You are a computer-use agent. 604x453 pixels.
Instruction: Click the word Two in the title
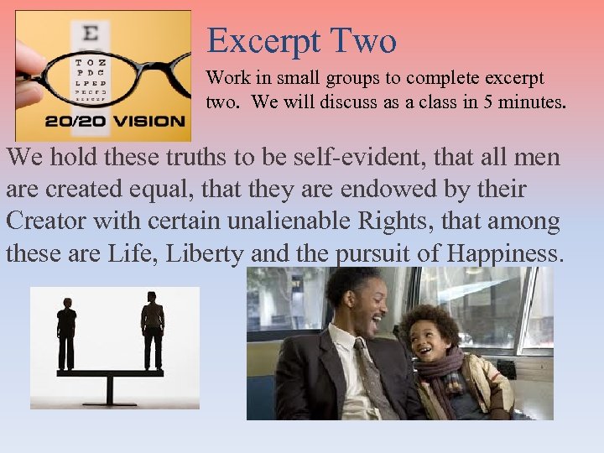tap(362, 40)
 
